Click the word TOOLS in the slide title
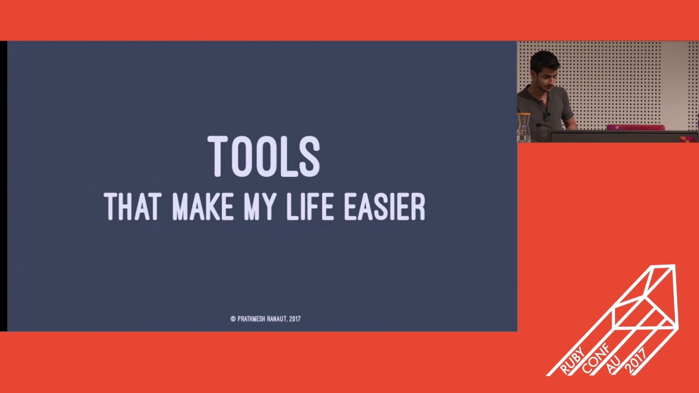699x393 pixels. coord(264,157)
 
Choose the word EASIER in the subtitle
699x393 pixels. coord(384,207)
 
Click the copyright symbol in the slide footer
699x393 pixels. coord(233,319)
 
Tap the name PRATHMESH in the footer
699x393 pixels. coord(251,319)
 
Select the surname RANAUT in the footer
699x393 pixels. coord(277,319)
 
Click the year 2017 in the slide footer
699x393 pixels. coord(295,319)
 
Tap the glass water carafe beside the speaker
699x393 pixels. coord(524,128)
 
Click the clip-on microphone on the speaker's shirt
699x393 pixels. coord(545,115)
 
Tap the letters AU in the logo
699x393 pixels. coord(614,364)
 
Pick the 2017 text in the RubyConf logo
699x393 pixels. coord(637,360)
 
